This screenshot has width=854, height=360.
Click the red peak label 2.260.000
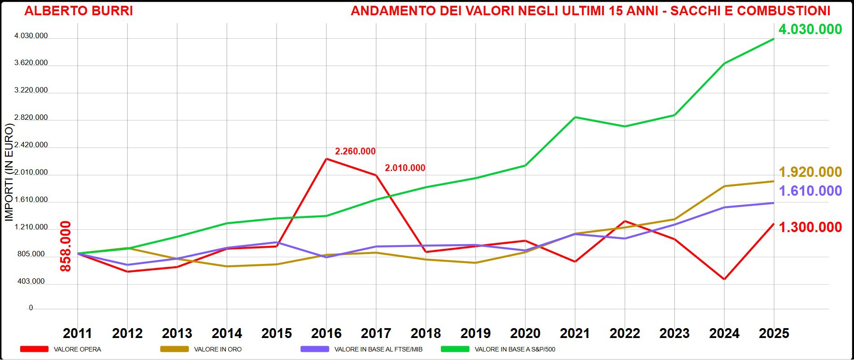coord(355,152)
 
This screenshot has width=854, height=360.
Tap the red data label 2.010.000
coord(405,168)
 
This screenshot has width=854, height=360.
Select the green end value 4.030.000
coord(810,30)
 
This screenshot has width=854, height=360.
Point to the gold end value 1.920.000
coord(810,172)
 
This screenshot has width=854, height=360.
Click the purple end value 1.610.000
coord(810,191)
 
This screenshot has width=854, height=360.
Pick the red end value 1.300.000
coord(810,228)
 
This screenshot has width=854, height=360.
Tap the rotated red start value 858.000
coord(66,246)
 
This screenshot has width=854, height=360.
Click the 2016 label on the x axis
coord(326,334)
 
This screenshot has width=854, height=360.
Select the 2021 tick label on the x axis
coord(575,334)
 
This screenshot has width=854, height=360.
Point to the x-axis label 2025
coord(774,334)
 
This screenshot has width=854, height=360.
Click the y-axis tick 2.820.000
coord(31,118)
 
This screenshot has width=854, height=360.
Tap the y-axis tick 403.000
coord(31,281)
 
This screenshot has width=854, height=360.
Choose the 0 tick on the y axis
coord(31,308)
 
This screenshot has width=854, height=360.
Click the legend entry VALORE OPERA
coord(77,349)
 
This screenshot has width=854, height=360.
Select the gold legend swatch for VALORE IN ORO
coord(174,349)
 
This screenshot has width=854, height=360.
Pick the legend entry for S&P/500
coord(515,349)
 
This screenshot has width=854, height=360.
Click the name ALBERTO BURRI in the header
coord(79,11)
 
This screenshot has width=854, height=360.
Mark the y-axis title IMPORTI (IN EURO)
coord(9,172)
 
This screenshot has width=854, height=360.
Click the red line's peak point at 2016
coord(326,158)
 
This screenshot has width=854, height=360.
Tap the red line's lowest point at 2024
coord(724,279)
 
